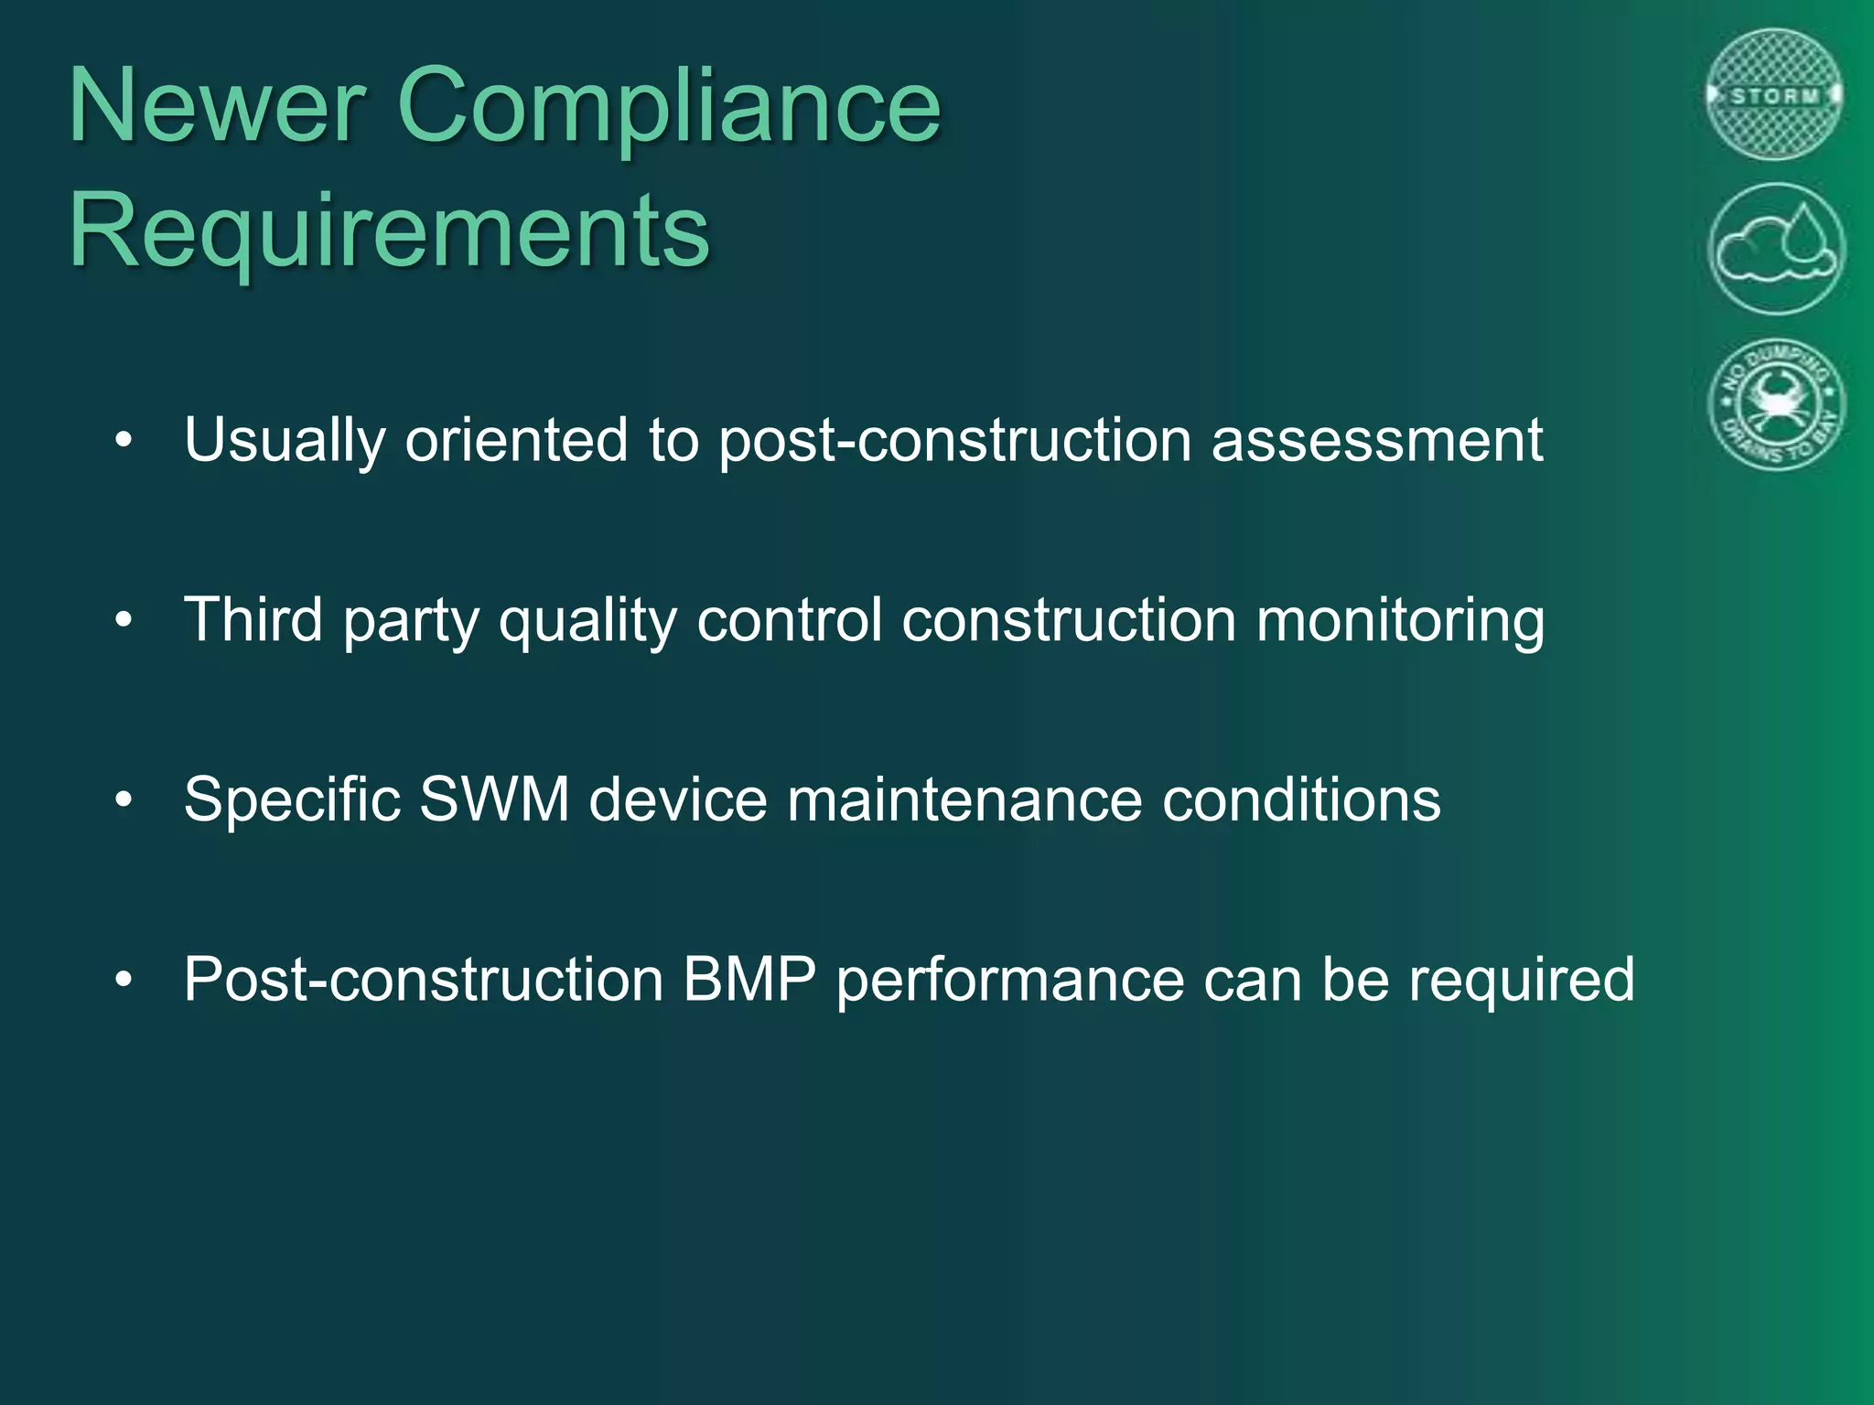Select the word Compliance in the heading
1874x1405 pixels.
tap(669, 108)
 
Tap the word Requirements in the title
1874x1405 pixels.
tap(389, 231)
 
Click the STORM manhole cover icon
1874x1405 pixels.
tap(1775, 95)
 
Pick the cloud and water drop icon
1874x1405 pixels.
tap(1776, 249)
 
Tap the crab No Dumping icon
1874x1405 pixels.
tap(1776, 403)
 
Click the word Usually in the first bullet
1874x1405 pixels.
tap(284, 441)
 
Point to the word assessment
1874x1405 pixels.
tap(1377, 441)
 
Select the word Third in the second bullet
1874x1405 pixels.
tap(253, 620)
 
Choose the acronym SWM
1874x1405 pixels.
tap(494, 799)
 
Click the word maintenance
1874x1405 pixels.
tap(964, 799)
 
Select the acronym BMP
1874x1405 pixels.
tap(749, 980)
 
